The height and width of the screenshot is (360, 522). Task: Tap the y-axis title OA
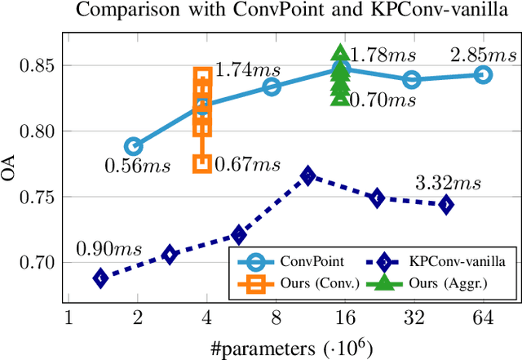pyautogui.click(x=11, y=174)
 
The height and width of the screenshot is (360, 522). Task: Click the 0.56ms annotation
pyautogui.click(x=137, y=167)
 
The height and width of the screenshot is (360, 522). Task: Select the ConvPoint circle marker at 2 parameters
pyautogui.click(x=134, y=147)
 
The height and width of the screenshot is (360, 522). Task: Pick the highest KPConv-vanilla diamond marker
pyautogui.click(x=307, y=176)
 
